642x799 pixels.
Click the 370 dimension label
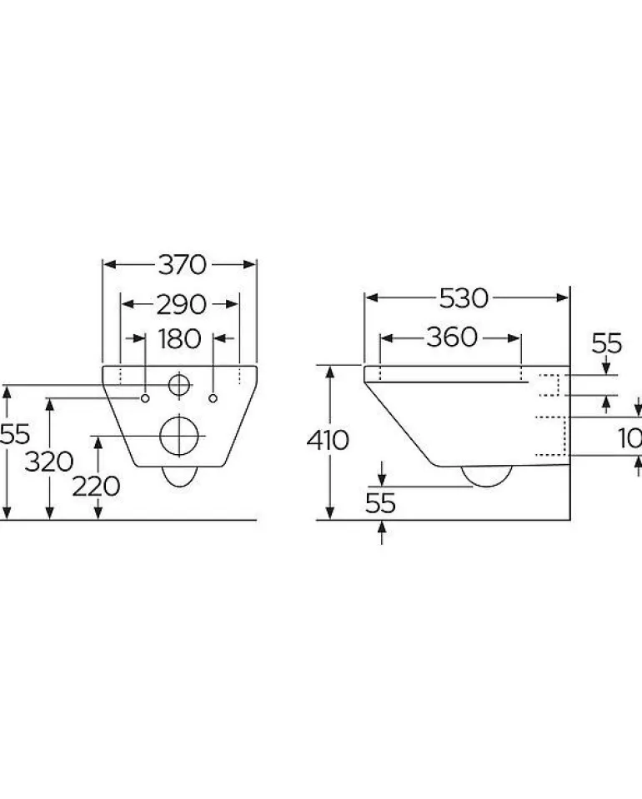[181, 265]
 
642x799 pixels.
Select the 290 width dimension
[181, 305]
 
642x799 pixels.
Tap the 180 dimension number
[180, 339]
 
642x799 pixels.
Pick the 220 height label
[97, 486]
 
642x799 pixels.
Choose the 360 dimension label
[451, 337]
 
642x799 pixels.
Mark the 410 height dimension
[327, 439]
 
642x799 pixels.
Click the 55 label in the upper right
[607, 342]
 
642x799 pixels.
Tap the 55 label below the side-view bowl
[380, 502]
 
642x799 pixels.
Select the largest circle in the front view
[179, 434]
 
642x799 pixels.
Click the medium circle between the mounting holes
[179, 385]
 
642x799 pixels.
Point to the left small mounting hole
[145, 397]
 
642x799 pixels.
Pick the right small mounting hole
[215, 397]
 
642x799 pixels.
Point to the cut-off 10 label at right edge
[631, 438]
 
